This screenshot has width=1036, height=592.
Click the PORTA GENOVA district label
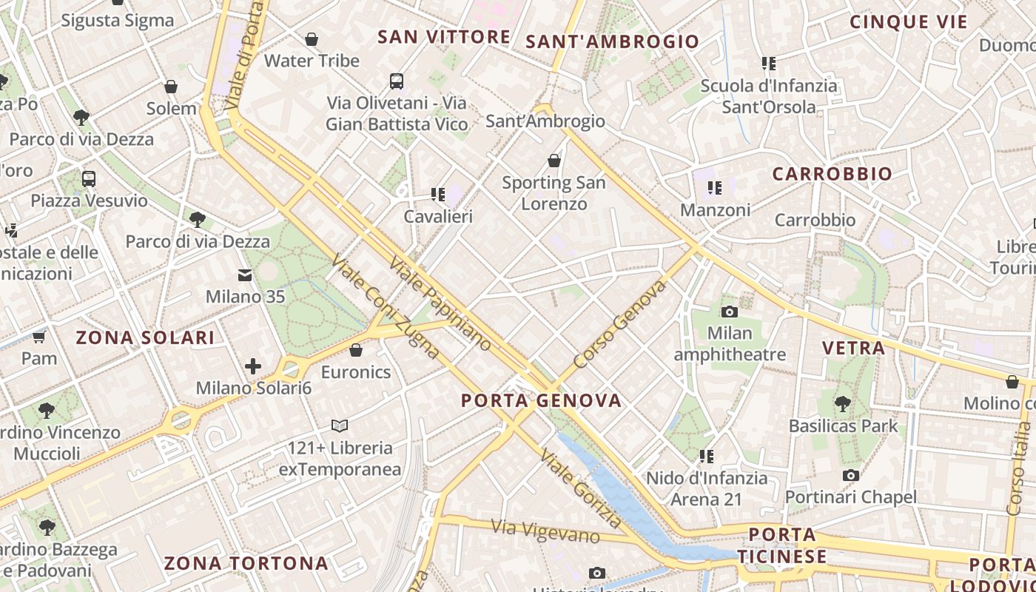tap(541, 400)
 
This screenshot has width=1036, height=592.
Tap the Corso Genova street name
tap(620, 325)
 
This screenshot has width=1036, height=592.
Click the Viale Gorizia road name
tap(579, 486)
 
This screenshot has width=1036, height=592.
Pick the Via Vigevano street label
tap(545, 531)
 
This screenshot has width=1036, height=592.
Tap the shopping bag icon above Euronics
tap(356, 349)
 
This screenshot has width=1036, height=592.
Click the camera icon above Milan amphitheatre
tap(730, 312)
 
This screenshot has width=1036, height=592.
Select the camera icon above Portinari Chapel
tap(851, 475)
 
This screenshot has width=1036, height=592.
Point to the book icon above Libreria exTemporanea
tap(340, 425)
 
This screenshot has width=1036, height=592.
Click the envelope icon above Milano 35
tap(245, 275)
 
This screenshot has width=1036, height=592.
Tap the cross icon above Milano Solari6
tap(253, 366)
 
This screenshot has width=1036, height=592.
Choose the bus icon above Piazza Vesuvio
tap(89, 178)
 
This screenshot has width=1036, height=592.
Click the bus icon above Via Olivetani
tap(397, 81)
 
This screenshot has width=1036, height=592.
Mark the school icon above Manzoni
tap(714, 188)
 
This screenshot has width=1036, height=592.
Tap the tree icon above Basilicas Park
tap(842, 404)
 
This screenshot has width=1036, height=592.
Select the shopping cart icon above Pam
tap(38, 337)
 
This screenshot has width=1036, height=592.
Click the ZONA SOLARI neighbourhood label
tap(145, 338)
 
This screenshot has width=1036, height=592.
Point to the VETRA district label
tap(853, 348)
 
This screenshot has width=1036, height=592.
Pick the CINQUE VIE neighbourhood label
tap(908, 21)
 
